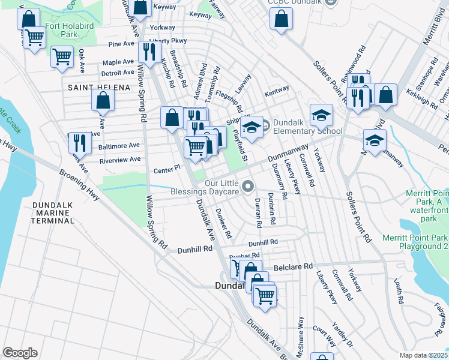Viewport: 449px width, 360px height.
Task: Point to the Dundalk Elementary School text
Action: (307, 127)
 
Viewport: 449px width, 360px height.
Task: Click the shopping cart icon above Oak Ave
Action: (62, 58)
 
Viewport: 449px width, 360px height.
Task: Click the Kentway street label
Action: (277, 89)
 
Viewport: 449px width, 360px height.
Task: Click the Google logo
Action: (20, 352)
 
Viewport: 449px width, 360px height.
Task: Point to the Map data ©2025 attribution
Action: (423, 355)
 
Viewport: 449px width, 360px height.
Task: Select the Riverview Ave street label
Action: (119, 160)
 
